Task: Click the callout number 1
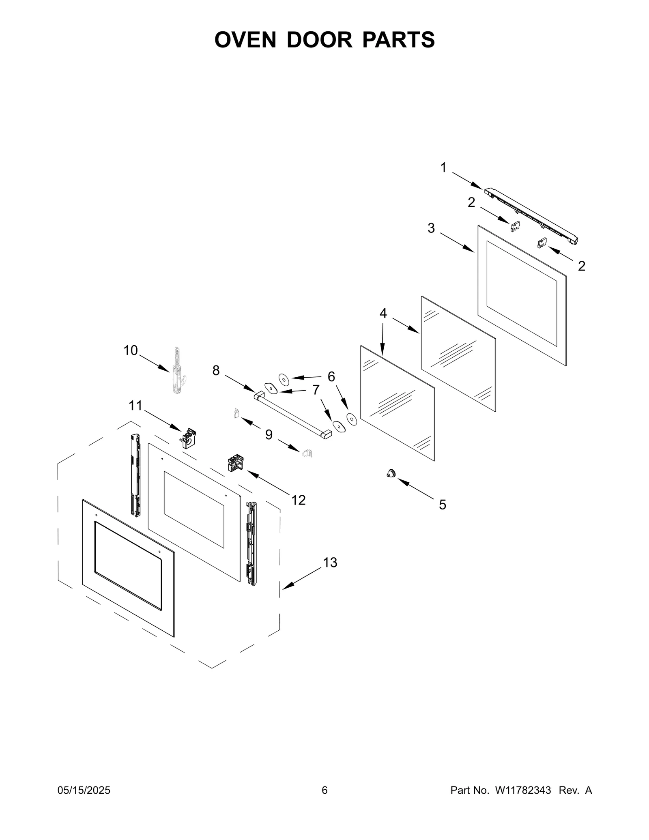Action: coord(443,168)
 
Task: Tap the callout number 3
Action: coord(431,228)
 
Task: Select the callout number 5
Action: coord(443,505)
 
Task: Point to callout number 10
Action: coord(131,350)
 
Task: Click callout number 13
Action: coord(330,563)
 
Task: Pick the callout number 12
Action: coord(299,500)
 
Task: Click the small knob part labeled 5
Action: coord(391,473)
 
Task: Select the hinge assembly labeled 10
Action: coord(177,371)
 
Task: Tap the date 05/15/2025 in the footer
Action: coord(84,790)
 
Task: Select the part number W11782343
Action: coord(522,790)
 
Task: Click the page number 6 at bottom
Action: coord(324,790)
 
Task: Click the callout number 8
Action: coord(216,370)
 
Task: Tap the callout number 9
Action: coord(269,435)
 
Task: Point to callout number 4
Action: coord(383,313)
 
